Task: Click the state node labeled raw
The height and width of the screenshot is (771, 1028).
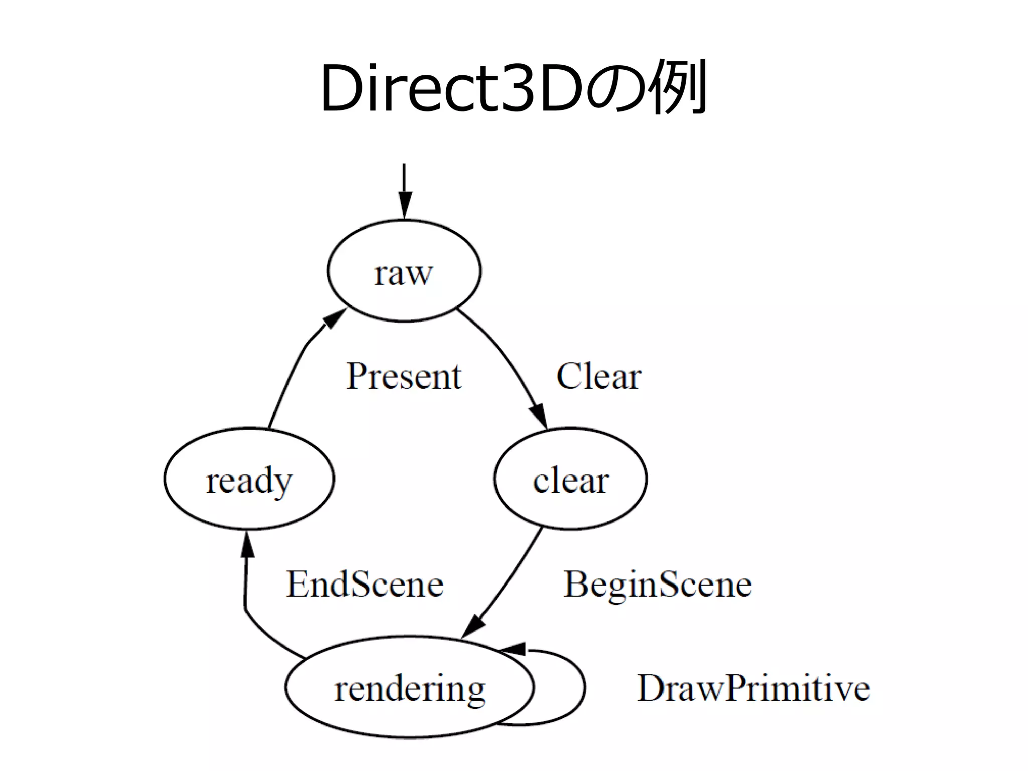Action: (x=404, y=271)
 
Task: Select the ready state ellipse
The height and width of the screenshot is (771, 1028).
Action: (x=249, y=479)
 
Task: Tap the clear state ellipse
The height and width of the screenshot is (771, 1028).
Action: (x=570, y=479)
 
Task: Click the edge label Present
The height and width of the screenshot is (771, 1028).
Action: (x=404, y=376)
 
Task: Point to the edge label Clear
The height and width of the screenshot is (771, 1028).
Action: (x=598, y=376)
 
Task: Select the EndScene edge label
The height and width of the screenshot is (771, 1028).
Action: (x=364, y=584)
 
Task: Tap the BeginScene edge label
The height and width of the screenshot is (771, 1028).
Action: (x=658, y=584)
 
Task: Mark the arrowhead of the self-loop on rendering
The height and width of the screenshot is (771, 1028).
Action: (x=513, y=649)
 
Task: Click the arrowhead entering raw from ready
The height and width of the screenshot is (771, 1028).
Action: (x=334, y=318)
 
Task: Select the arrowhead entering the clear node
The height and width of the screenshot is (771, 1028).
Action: (x=538, y=416)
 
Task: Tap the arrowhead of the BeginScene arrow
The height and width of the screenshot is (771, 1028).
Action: (x=473, y=626)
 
